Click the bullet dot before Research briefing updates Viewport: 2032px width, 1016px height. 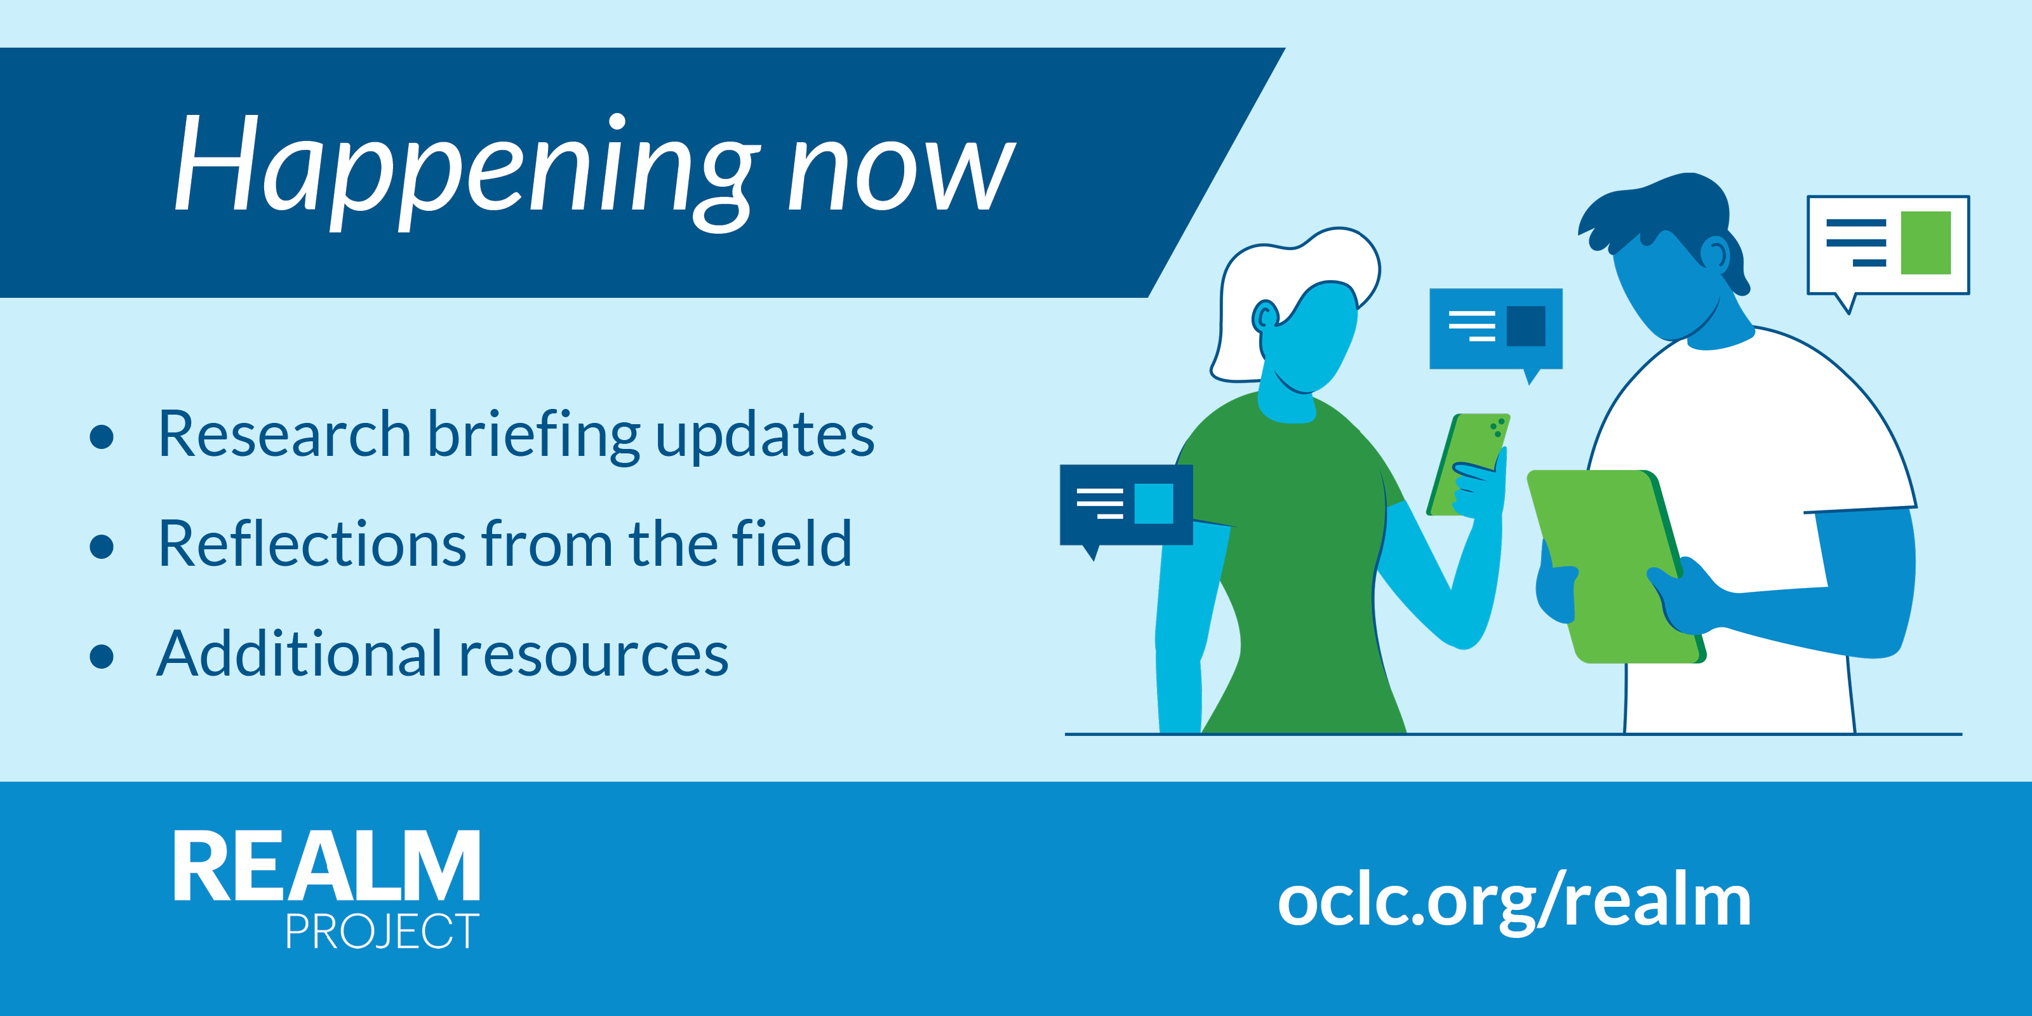pyautogui.click(x=102, y=436)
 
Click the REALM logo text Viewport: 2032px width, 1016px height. pyautogui.click(x=326, y=866)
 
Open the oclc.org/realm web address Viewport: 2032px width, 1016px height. pyautogui.click(x=1514, y=901)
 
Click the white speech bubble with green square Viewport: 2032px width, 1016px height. pyautogui.click(x=1888, y=246)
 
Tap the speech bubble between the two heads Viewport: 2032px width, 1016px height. pyautogui.click(x=1495, y=330)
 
